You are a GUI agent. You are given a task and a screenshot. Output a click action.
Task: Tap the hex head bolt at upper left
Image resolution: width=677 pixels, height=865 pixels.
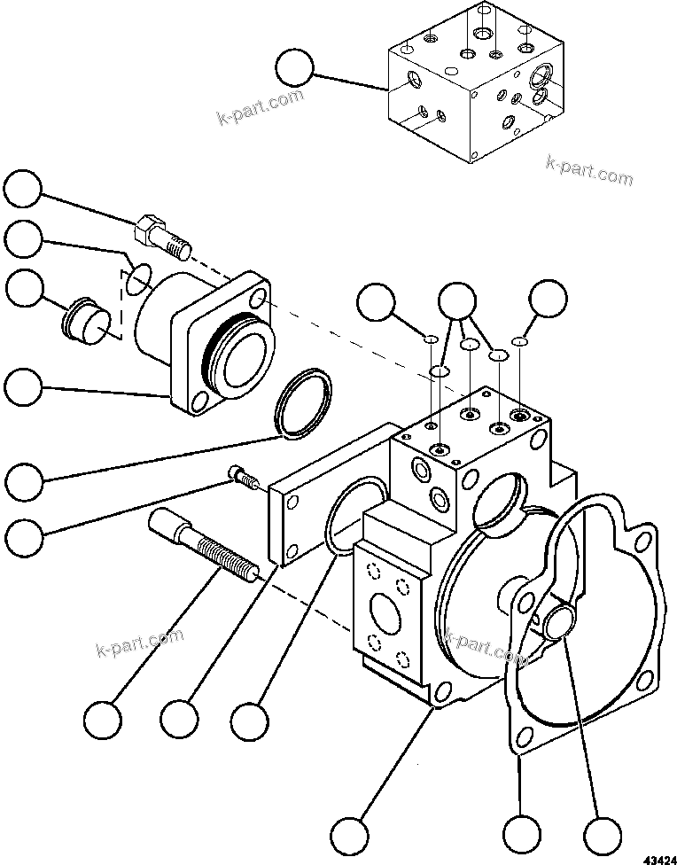point(160,236)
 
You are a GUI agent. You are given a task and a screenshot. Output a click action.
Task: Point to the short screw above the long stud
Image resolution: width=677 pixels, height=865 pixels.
point(244,477)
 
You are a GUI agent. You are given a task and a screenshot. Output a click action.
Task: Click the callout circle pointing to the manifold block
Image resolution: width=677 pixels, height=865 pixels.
point(294,68)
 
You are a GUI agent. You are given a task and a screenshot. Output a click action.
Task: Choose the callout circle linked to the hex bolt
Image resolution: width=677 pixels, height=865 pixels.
point(22,191)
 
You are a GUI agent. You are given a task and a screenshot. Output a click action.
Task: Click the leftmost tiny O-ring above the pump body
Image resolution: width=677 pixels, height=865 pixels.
point(429,339)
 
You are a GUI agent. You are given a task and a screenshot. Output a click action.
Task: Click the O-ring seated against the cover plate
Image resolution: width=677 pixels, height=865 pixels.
point(346,517)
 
